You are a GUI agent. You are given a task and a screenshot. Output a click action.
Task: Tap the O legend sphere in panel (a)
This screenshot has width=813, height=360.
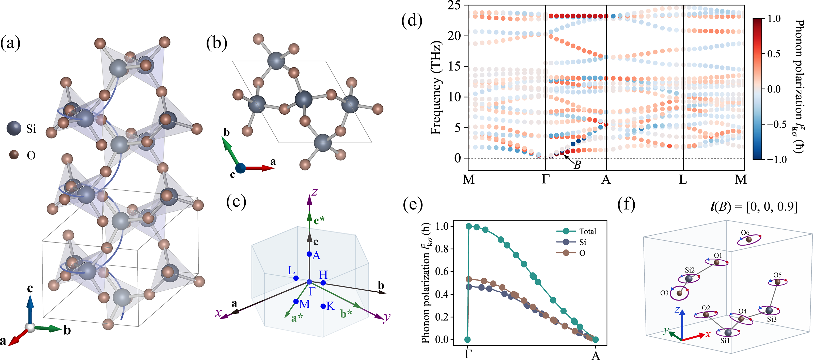click(14, 155)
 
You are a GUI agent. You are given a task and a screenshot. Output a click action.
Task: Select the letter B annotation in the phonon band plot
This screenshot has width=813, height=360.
click(577, 165)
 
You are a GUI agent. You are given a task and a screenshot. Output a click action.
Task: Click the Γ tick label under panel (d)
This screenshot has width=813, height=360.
click(545, 180)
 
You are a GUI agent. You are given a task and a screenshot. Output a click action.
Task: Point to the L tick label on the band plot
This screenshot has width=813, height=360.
click(683, 180)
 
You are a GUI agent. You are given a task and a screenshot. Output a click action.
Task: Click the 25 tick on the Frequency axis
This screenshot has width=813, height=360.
click(454, 6)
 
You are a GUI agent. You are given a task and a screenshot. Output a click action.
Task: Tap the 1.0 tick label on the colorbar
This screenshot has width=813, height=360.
click(774, 19)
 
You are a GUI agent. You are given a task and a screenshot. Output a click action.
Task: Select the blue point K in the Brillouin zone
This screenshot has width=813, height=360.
click(323, 306)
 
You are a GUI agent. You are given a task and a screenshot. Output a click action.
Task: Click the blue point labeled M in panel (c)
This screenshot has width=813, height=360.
click(296, 302)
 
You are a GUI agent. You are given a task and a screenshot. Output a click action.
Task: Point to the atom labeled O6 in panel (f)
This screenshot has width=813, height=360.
click(749, 240)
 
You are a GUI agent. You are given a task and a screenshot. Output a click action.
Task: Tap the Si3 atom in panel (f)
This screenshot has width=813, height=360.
click(769, 310)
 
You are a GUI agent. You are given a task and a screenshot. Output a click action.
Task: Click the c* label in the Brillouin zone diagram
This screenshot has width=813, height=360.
click(319, 220)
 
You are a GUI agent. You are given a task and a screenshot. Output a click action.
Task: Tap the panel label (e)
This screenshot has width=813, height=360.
click(413, 204)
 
